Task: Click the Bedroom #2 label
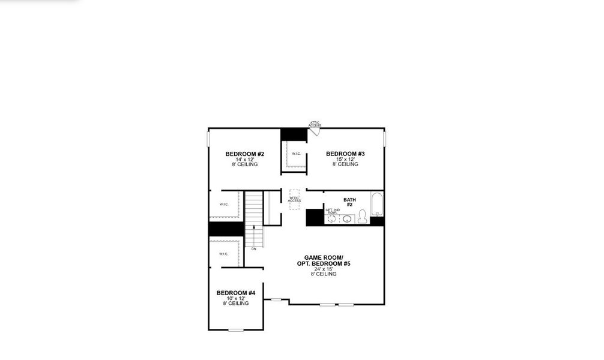[244, 154]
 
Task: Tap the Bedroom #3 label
[345, 154]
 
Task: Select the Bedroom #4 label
[236, 293]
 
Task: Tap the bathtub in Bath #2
[377, 204]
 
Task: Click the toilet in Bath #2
[362, 218]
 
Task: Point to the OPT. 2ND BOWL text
[332, 211]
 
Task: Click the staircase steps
[254, 207]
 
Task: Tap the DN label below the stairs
[254, 248]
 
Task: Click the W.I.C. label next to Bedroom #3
[296, 154]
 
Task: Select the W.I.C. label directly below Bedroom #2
[224, 205]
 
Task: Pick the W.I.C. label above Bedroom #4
[223, 254]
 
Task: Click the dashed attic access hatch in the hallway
[294, 199]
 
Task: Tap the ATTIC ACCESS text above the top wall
[315, 124]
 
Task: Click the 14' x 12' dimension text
[244, 160]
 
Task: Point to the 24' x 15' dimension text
[324, 269]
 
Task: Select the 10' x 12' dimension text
[236, 298]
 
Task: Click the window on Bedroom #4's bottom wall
[236, 329]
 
